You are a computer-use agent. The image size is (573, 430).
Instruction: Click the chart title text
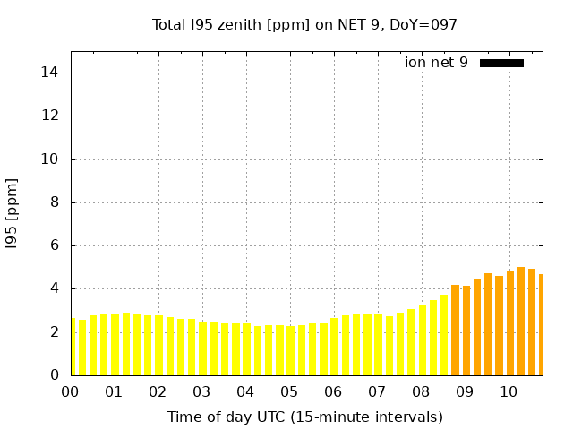click(x=304, y=24)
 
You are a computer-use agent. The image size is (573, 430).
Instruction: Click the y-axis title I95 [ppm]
click(x=12, y=213)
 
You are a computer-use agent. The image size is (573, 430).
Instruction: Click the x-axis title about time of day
click(x=304, y=417)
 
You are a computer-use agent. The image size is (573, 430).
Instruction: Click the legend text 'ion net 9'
click(x=436, y=63)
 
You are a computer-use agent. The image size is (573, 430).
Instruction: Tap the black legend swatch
click(x=501, y=63)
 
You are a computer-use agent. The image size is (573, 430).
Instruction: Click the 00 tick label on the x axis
click(x=70, y=392)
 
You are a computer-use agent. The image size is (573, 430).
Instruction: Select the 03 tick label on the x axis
click(x=201, y=392)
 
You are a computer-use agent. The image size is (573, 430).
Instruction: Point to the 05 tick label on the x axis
click(x=289, y=392)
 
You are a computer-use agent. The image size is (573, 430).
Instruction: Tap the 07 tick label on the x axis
click(x=377, y=392)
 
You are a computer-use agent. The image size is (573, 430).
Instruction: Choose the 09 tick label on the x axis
click(x=465, y=392)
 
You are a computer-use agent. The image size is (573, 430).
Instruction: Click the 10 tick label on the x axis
click(x=509, y=392)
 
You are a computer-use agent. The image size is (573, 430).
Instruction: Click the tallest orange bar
click(x=521, y=322)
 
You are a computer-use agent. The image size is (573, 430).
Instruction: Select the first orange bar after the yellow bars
click(x=455, y=331)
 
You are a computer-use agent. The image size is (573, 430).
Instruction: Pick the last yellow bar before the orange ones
click(x=444, y=335)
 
